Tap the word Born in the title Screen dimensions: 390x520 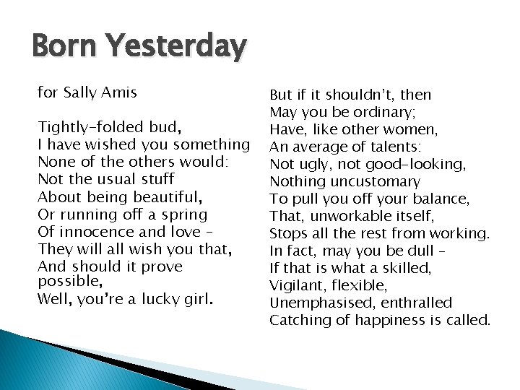point(63,47)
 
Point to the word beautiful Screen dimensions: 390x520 point(165,196)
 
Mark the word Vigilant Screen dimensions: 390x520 point(296,285)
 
